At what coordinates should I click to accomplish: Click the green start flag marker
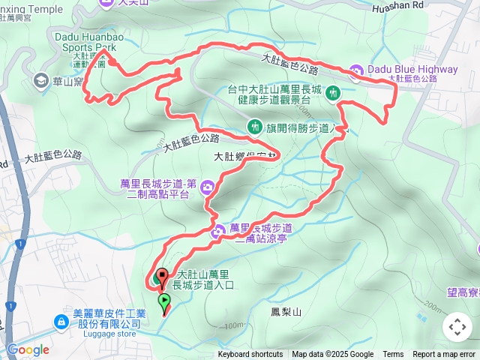(x=164, y=302)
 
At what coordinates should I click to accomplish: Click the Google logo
(x=28, y=349)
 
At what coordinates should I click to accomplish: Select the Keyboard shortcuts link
(x=250, y=355)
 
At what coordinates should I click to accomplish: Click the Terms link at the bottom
(x=393, y=355)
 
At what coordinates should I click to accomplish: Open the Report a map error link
(x=445, y=355)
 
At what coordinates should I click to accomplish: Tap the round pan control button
(x=457, y=327)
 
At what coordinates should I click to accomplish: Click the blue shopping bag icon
(x=61, y=322)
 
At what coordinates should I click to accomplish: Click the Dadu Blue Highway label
(x=412, y=70)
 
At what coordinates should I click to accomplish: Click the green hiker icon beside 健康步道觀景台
(x=335, y=93)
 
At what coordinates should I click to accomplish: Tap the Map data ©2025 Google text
(x=332, y=355)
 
